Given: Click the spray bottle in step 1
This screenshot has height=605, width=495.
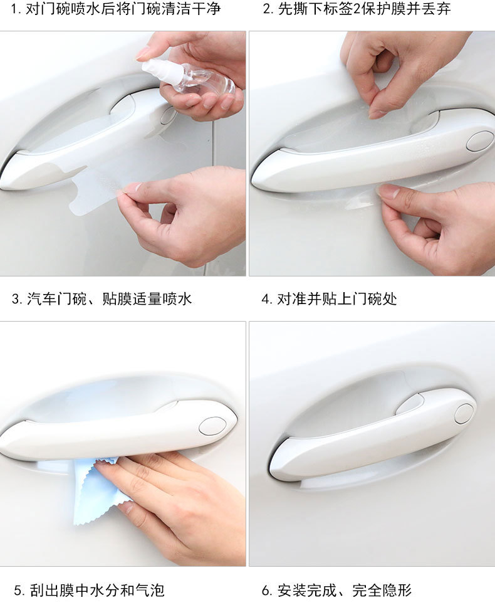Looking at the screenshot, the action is (188, 77).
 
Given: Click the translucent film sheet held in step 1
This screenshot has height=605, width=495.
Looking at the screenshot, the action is (96, 190).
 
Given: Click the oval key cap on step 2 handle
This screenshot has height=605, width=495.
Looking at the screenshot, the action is (479, 141).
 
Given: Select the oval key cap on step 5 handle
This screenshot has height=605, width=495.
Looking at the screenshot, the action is (212, 426).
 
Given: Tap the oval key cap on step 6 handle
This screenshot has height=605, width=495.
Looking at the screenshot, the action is (464, 414).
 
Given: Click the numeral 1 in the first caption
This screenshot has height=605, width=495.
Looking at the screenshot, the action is (14, 9).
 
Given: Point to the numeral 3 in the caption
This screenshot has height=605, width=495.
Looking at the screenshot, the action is (16, 299).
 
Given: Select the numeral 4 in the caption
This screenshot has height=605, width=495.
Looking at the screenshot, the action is (265, 299).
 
